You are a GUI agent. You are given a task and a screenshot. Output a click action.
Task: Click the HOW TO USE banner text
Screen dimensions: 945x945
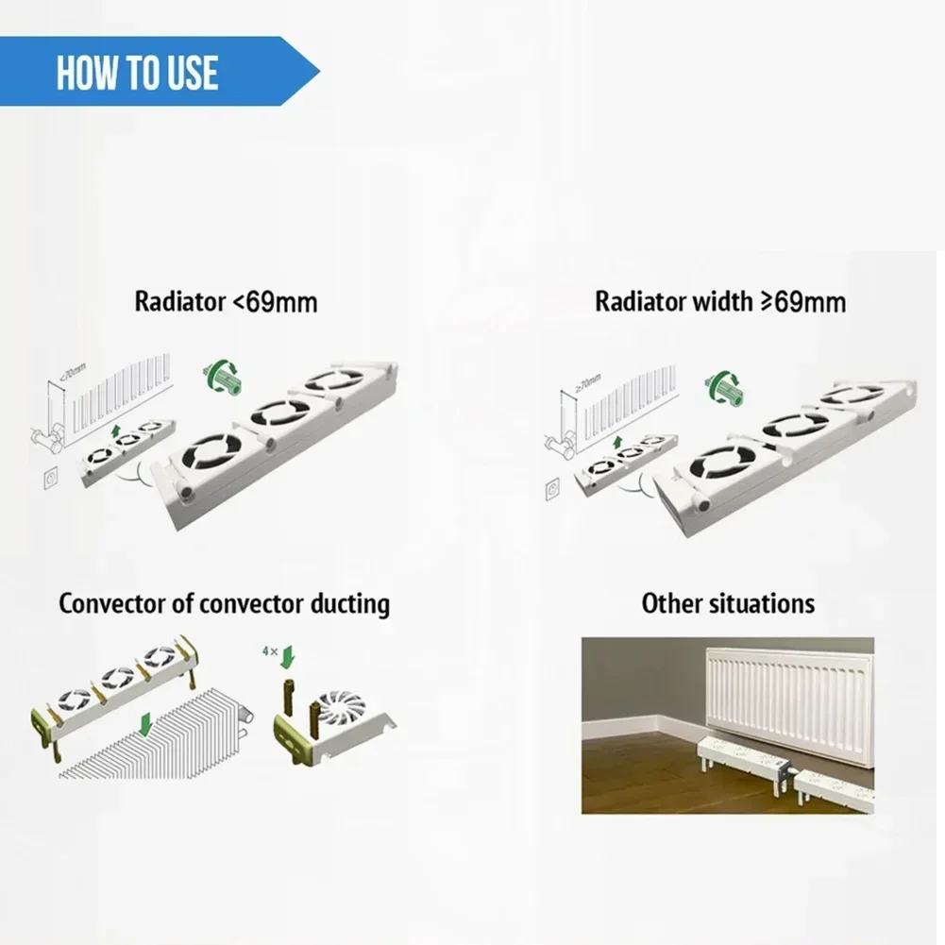[137, 73]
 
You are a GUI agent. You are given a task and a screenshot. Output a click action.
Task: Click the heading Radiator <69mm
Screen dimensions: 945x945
[226, 302]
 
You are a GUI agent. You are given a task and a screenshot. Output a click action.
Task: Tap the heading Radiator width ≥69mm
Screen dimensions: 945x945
[719, 302]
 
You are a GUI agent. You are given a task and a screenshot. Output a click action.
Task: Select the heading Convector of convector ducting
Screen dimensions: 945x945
[224, 603]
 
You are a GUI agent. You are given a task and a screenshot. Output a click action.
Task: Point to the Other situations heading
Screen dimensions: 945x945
[728, 603]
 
